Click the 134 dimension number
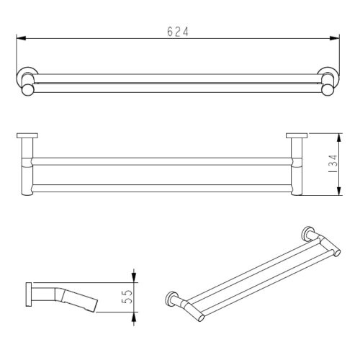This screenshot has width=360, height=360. click(332, 163)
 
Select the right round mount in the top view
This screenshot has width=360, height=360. click(329, 81)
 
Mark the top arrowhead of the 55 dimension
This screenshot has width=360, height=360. click(133, 276)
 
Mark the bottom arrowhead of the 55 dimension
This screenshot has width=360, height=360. click(133, 317)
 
